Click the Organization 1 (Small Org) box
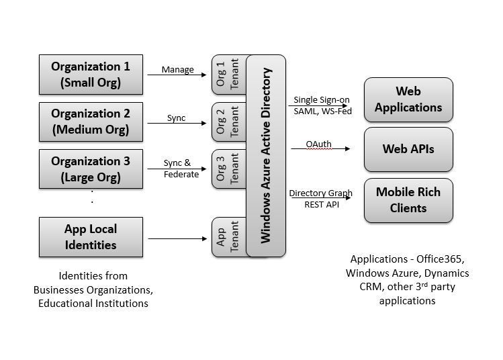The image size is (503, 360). [x=91, y=75]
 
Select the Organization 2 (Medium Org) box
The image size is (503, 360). [x=91, y=122]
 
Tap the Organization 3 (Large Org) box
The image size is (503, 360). [x=91, y=169]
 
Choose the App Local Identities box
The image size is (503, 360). [x=91, y=237]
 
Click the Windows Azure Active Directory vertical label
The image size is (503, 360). [x=266, y=155]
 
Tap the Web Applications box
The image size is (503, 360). [x=408, y=99]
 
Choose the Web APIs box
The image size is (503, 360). [x=408, y=149]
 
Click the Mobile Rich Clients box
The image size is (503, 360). [x=408, y=200]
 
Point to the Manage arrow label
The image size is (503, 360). [x=178, y=70]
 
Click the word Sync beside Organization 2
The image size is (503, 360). [x=177, y=118]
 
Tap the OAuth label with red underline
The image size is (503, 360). [x=318, y=144]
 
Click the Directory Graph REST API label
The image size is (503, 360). [x=320, y=199]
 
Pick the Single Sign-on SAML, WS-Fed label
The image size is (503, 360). [x=321, y=105]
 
